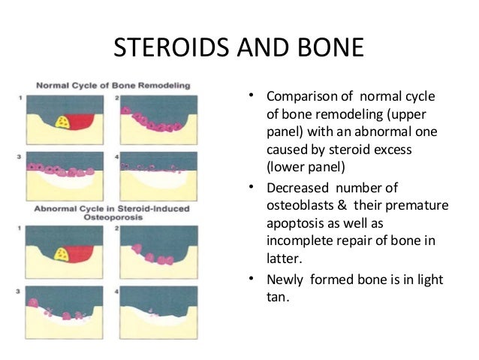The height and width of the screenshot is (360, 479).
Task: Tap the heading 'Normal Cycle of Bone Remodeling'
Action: [112, 84]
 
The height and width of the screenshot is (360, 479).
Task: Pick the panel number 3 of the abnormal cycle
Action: [20, 289]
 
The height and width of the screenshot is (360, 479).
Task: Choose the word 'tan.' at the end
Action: [279, 298]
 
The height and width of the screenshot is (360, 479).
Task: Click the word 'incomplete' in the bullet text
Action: [299, 241]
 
